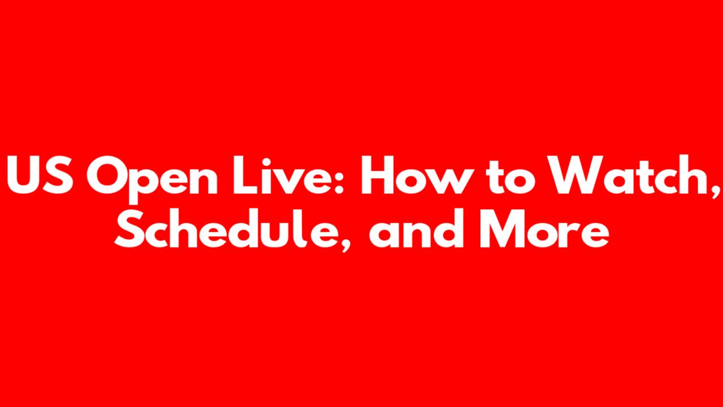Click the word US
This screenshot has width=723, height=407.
39,175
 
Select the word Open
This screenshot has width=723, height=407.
152,180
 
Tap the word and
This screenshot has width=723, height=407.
416,228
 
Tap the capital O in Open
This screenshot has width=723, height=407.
106,175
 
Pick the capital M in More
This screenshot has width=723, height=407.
502,229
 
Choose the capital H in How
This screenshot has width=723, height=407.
378,175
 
